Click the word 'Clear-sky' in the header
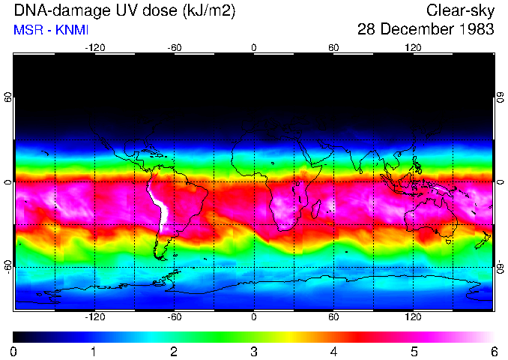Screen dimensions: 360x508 460,10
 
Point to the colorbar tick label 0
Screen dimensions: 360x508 14,350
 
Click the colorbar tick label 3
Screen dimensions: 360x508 253,350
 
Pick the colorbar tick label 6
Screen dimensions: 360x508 493,350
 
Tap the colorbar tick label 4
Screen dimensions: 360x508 333,350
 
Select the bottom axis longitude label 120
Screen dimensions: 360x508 413,316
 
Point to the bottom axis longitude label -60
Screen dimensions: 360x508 174,316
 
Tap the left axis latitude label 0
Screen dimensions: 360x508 8,181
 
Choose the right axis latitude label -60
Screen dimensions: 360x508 500,267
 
